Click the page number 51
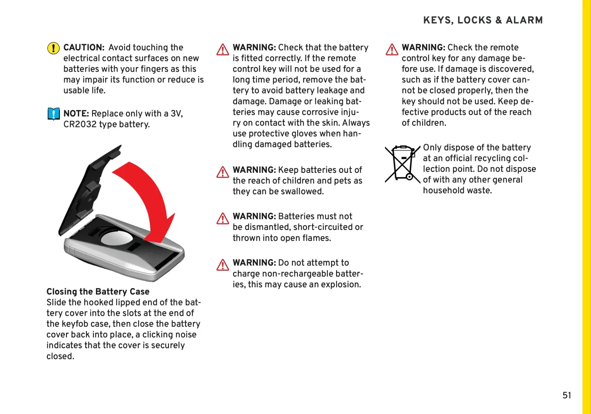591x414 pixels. coord(567,396)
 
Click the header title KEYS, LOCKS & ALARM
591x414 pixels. coord(483,20)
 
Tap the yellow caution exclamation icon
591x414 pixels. coord(54,48)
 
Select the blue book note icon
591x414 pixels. coord(54,114)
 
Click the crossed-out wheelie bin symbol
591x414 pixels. coord(402,164)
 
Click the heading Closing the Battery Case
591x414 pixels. coord(98,292)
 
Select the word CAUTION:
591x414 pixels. coord(84,48)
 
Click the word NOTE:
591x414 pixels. coord(76,114)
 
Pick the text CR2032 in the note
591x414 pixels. coord(80,124)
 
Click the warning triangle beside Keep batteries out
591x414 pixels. coord(223,172)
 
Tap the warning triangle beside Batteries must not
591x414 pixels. coord(223,219)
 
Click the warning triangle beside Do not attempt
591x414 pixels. coord(223,265)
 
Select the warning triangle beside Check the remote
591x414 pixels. coord(392,49)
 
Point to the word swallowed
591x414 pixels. coord(302,192)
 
